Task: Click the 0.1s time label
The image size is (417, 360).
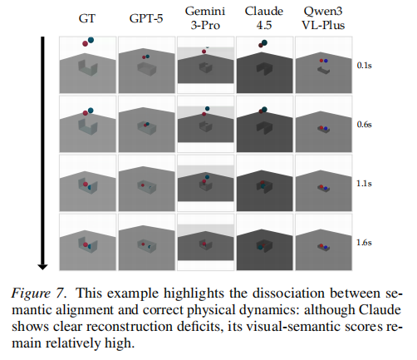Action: click(365, 64)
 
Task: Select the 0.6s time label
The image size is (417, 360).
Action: click(365, 125)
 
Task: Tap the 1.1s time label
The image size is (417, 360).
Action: click(365, 185)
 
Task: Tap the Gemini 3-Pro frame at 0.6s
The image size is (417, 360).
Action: click(205, 125)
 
